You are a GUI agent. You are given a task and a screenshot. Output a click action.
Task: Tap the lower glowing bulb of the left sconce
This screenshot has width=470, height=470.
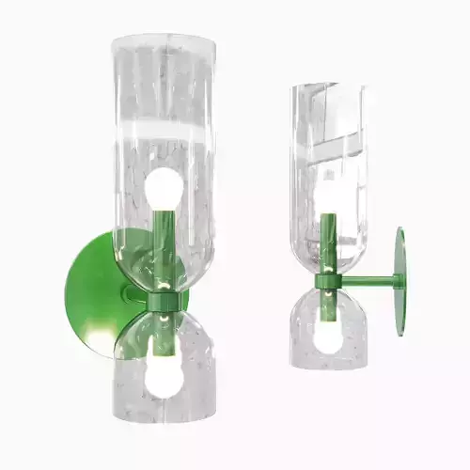(x=164, y=374)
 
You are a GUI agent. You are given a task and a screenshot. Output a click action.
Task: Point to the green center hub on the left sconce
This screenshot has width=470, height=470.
(x=163, y=301)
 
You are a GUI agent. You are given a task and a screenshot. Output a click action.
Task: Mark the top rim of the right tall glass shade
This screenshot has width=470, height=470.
(x=328, y=87)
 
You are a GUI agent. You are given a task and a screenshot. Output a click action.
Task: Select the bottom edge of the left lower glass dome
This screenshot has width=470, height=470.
(x=164, y=434)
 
